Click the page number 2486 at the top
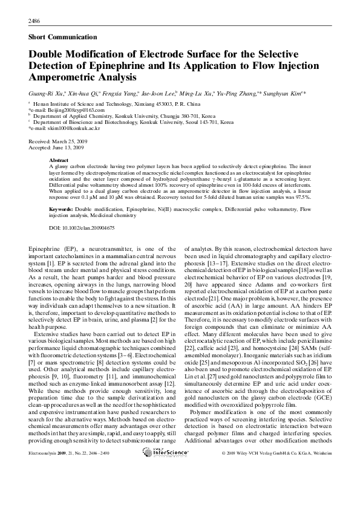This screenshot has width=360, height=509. click(x=34, y=22)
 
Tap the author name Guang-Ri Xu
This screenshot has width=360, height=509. click(x=44, y=94)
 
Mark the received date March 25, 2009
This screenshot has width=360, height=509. click(x=72, y=140)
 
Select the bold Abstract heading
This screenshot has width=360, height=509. click(x=58, y=160)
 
